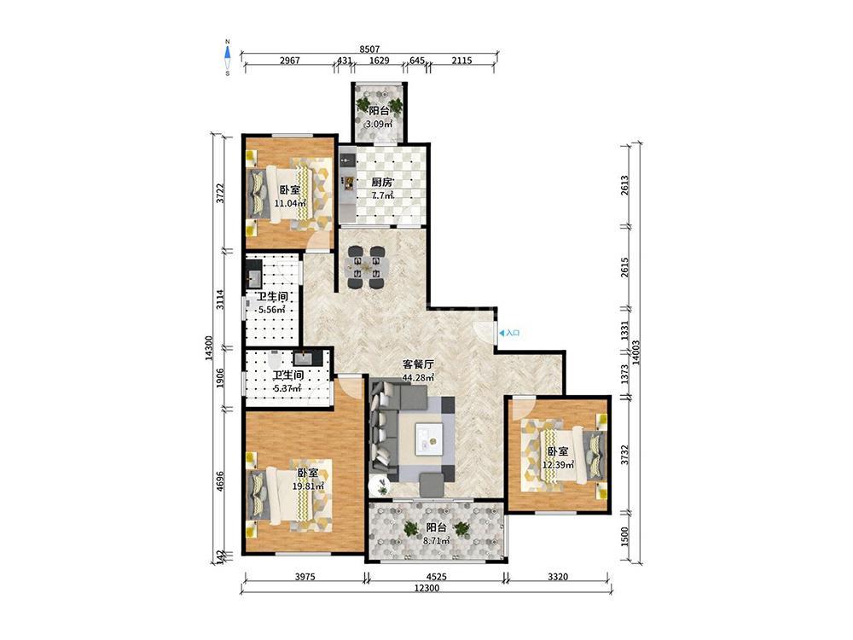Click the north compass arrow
(x=228, y=52)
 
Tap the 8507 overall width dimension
(x=369, y=49)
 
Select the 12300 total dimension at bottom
(x=426, y=588)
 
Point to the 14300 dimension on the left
(x=209, y=348)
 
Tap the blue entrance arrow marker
(x=501, y=333)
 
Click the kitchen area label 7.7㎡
(x=382, y=195)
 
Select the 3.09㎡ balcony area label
(x=379, y=124)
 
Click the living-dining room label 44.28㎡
(x=418, y=377)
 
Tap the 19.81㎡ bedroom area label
(x=308, y=486)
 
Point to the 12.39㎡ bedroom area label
(x=558, y=464)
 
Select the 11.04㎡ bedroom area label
(x=290, y=203)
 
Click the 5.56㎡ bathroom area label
(x=271, y=310)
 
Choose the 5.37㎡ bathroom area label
(x=287, y=388)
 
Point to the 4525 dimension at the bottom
(x=436, y=576)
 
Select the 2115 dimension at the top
(x=461, y=61)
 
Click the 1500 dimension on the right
(x=624, y=537)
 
